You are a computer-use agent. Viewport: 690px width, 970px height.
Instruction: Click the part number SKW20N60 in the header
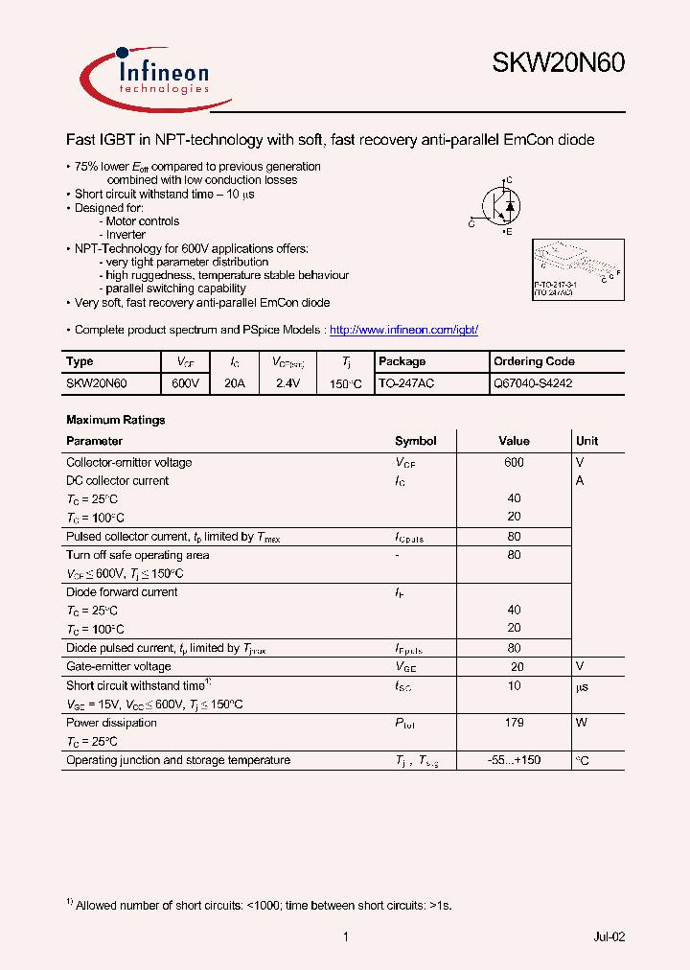coord(558,63)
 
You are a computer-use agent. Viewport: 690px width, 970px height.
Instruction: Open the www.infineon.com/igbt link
coord(403,330)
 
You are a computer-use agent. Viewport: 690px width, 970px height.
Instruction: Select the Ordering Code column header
coord(534,361)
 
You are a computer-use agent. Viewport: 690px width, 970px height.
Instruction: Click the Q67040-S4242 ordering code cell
coord(533,382)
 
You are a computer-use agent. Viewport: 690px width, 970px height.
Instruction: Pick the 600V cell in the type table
coord(185,382)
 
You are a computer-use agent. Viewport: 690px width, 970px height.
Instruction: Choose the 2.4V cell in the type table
coord(287,382)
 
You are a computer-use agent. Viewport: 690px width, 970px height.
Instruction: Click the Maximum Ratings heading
coord(115,420)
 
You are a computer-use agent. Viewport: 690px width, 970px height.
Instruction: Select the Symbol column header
coord(415,441)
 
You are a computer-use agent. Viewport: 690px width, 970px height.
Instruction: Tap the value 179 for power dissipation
coord(514,723)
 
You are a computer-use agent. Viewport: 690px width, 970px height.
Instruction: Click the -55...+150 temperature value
coord(514,760)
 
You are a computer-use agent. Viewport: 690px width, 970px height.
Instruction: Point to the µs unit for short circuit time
coord(582,685)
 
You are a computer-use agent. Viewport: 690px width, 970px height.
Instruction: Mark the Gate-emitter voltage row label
coord(118,666)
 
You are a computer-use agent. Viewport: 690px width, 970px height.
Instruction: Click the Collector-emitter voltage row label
coord(128,462)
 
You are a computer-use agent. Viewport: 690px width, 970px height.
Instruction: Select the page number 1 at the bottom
coord(345,936)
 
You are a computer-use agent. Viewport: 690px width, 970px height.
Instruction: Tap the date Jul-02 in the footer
coord(609,936)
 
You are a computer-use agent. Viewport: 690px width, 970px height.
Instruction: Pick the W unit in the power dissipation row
coord(581,723)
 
